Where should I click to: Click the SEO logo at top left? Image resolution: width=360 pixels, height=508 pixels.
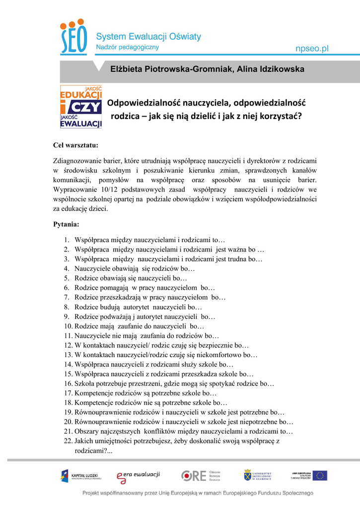coord(73,38)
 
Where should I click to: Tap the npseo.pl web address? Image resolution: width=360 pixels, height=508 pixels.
coord(312,48)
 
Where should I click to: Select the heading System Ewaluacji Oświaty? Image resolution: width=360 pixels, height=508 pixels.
coord(148,36)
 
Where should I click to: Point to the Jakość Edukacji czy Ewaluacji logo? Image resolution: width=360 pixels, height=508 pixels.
coord(81,107)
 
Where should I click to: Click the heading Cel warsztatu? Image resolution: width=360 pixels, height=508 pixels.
coord(75,145)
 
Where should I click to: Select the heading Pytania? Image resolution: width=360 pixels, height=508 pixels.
coord(66,224)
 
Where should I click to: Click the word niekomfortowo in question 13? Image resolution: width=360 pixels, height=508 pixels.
coord(222,355)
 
